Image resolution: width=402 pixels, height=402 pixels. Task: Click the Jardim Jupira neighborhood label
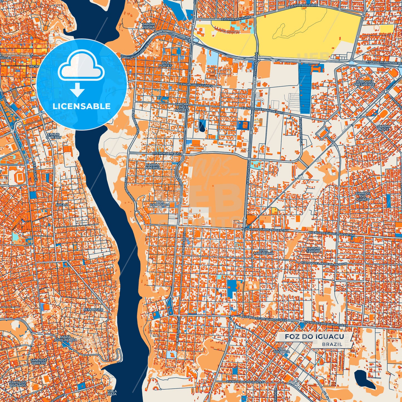point(148,26)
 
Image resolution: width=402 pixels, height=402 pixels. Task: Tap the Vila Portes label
point(165,64)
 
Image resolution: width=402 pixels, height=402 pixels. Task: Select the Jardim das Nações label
point(182,107)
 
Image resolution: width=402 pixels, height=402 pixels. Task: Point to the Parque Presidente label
point(364,83)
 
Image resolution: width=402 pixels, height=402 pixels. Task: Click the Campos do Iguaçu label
point(362,196)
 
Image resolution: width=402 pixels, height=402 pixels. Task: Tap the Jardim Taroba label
point(313,250)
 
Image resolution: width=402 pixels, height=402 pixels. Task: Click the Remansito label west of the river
point(93,309)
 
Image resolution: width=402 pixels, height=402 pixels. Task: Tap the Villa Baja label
point(112,392)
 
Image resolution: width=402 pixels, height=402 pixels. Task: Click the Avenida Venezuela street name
point(168,153)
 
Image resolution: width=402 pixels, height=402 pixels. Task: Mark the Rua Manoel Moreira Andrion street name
point(324,263)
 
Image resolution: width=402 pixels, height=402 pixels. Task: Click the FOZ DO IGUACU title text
point(314,337)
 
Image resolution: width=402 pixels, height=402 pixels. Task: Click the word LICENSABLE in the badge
point(82,106)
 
